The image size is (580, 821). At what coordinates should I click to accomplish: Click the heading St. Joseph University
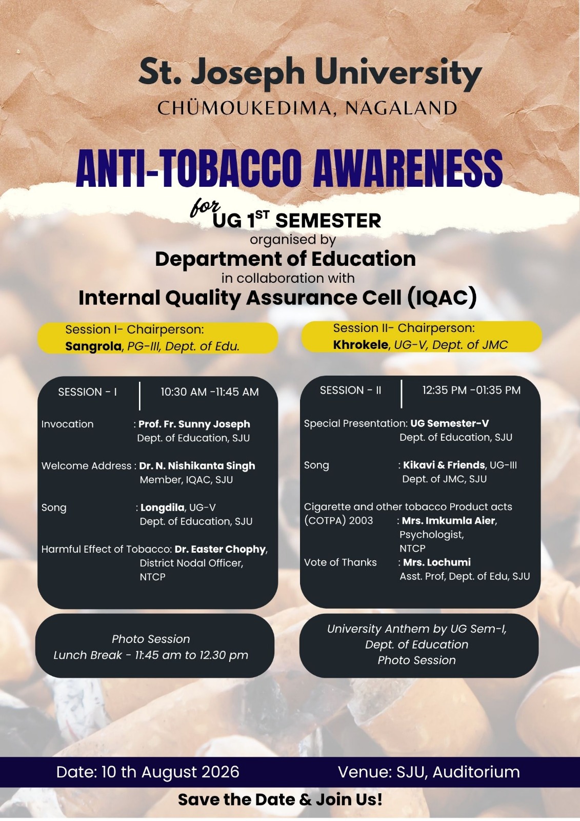tap(310, 74)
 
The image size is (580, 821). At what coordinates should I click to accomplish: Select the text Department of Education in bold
tap(286, 259)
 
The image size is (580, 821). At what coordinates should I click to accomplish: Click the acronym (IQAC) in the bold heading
tap(443, 298)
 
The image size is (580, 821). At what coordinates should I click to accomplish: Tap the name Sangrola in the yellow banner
tap(93, 346)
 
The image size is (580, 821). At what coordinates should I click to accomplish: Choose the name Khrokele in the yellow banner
tap(361, 344)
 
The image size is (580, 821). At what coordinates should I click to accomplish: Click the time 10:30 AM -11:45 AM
tap(210, 392)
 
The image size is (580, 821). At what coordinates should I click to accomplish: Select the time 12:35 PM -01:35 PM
tap(472, 390)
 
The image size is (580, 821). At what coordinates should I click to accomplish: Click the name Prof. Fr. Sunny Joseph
tap(194, 424)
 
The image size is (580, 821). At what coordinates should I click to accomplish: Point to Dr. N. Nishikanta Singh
tap(197, 466)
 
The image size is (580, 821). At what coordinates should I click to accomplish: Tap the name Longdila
tap(163, 507)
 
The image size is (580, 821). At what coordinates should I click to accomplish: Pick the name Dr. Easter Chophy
tap(220, 549)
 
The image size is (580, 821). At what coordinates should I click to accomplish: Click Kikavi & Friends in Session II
tap(444, 465)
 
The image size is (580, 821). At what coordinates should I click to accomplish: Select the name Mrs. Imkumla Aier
tap(449, 520)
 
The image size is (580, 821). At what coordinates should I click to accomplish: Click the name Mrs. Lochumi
tap(437, 562)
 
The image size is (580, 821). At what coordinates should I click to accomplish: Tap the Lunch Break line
tap(151, 655)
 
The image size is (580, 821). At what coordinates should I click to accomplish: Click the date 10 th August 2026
tap(170, 772)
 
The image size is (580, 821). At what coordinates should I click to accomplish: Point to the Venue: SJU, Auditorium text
tap(429, 772)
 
